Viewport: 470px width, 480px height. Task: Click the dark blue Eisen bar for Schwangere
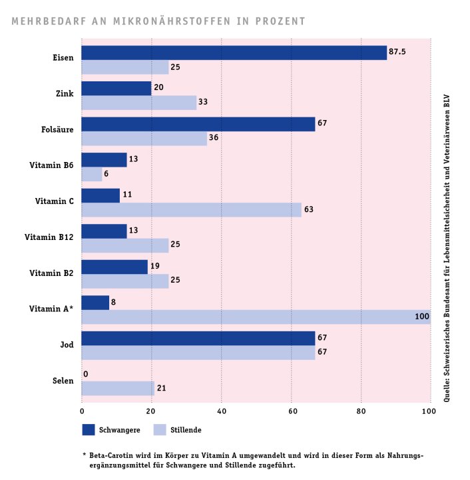pyautogui.click(x=234, y=53)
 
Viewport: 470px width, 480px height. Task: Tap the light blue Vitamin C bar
pyautogui.click(x=191, y=209)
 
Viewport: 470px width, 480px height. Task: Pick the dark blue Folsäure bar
pyautogui.click(x=198, y=124)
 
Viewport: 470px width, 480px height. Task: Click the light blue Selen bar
pyautogui.click(x=118, y=388)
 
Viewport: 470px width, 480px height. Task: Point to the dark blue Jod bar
pyautogui.click(x=198, y=339)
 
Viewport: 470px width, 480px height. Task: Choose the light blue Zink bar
pyautogui.click(x=138, y=102)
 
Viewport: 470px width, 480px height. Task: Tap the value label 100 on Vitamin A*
pyautogui.click(x=421, y=316)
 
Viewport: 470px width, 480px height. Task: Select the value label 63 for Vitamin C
pyautogui.click(x=308, y=209)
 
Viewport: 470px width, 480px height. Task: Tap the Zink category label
pyautogui.click(x=64, y=95)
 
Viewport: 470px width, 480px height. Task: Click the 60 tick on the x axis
pyautogui.click(x=291, y=411)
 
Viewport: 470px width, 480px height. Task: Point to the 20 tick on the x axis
pyautogui.click(x=151, y=411)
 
